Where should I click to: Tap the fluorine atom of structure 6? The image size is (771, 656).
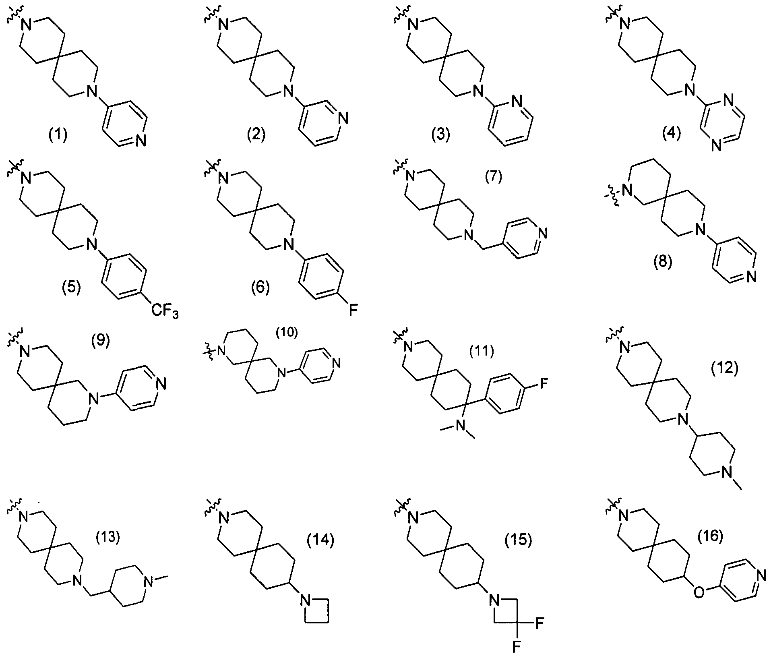[x=353, y=310]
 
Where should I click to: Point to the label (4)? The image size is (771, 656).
[x=672, y=134]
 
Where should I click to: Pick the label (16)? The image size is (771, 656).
[x=711, y=536]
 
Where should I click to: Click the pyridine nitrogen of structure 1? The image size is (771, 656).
[x=141, y=141]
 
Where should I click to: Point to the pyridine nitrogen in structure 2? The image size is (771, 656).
[x=343, y=119]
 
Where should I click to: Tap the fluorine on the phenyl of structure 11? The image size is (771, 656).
[x=544, y=383]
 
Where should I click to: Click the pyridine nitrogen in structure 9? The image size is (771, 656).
[x=162, y=384]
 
